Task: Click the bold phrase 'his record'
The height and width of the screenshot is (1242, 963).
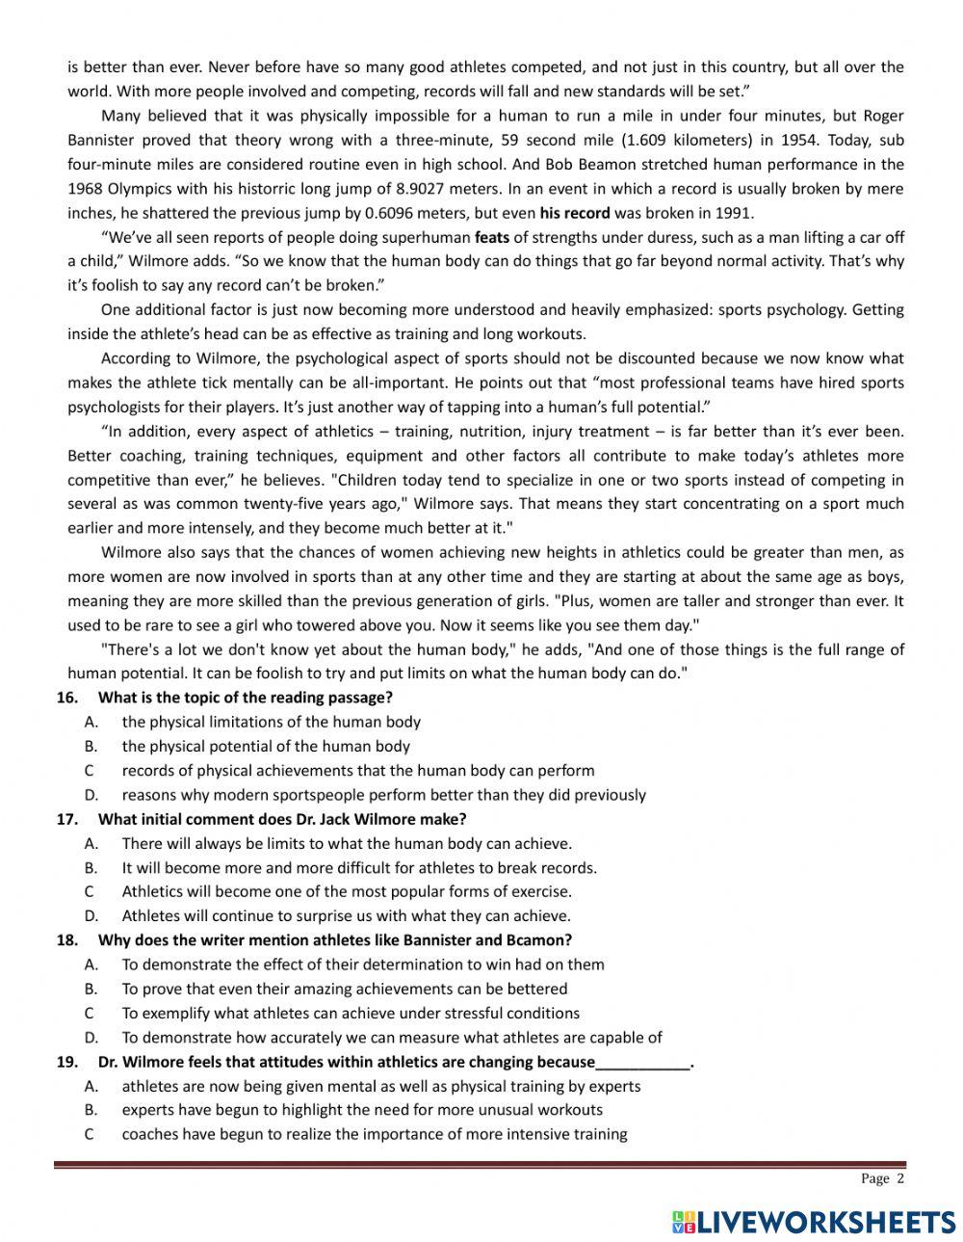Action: click(574, 213)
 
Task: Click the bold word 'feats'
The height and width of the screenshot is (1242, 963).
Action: click(492, 237)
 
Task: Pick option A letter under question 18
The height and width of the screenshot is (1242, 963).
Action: click(91, 965)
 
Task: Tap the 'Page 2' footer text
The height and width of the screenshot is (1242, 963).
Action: click(882, 1178)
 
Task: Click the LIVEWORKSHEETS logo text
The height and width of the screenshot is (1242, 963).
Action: click(826, 1222)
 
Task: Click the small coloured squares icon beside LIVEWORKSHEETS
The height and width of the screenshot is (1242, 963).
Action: click(684, 1222)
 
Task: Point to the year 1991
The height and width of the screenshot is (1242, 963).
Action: click(734, 213)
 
